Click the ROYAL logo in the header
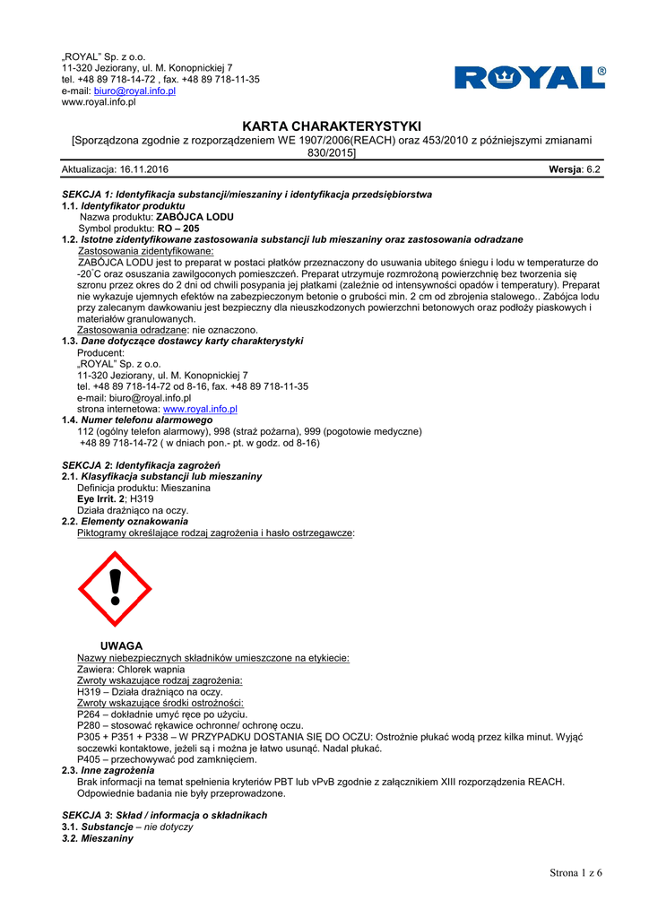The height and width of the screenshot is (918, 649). (x=530, y=78)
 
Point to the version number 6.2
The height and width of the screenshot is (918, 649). (x=593, y=169)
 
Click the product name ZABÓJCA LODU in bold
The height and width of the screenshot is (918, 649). (x=195, y=217)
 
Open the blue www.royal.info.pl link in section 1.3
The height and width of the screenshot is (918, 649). (x=200, y=409)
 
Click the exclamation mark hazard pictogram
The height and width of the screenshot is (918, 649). (x=115, y=589)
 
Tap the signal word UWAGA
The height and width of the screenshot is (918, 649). (x=121, y=645)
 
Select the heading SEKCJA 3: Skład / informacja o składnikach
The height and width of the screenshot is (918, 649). (x=164, y=815)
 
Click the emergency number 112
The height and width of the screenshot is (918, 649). (x=87, y=431)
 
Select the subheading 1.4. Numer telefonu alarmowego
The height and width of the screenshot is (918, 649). (x=137, y=420)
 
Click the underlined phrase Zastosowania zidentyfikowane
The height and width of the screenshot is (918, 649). (x=145, y=252)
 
